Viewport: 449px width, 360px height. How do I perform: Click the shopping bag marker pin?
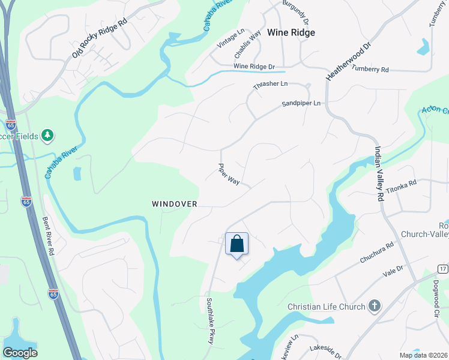(x=237, y=245)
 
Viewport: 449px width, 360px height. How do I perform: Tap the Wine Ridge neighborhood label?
(x=291, y=32)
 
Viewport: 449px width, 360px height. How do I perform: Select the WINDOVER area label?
(x=175, y=204)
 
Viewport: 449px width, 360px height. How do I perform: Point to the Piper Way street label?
(x=229, y=175)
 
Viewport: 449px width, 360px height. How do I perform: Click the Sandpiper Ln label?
(x=301, y=104)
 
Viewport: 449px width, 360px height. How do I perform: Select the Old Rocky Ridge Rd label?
(x=100, y=38)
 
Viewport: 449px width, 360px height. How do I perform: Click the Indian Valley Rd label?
(x=379, y=173)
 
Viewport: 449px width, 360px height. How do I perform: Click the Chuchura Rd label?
(x=376, y=252)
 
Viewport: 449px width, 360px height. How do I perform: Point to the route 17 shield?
(x=443, y=269)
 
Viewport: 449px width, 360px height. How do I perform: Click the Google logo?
(x=20, y=352)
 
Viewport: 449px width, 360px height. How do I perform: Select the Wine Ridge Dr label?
(x=254, y=66)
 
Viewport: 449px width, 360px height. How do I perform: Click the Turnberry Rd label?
(x=370, y=70)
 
